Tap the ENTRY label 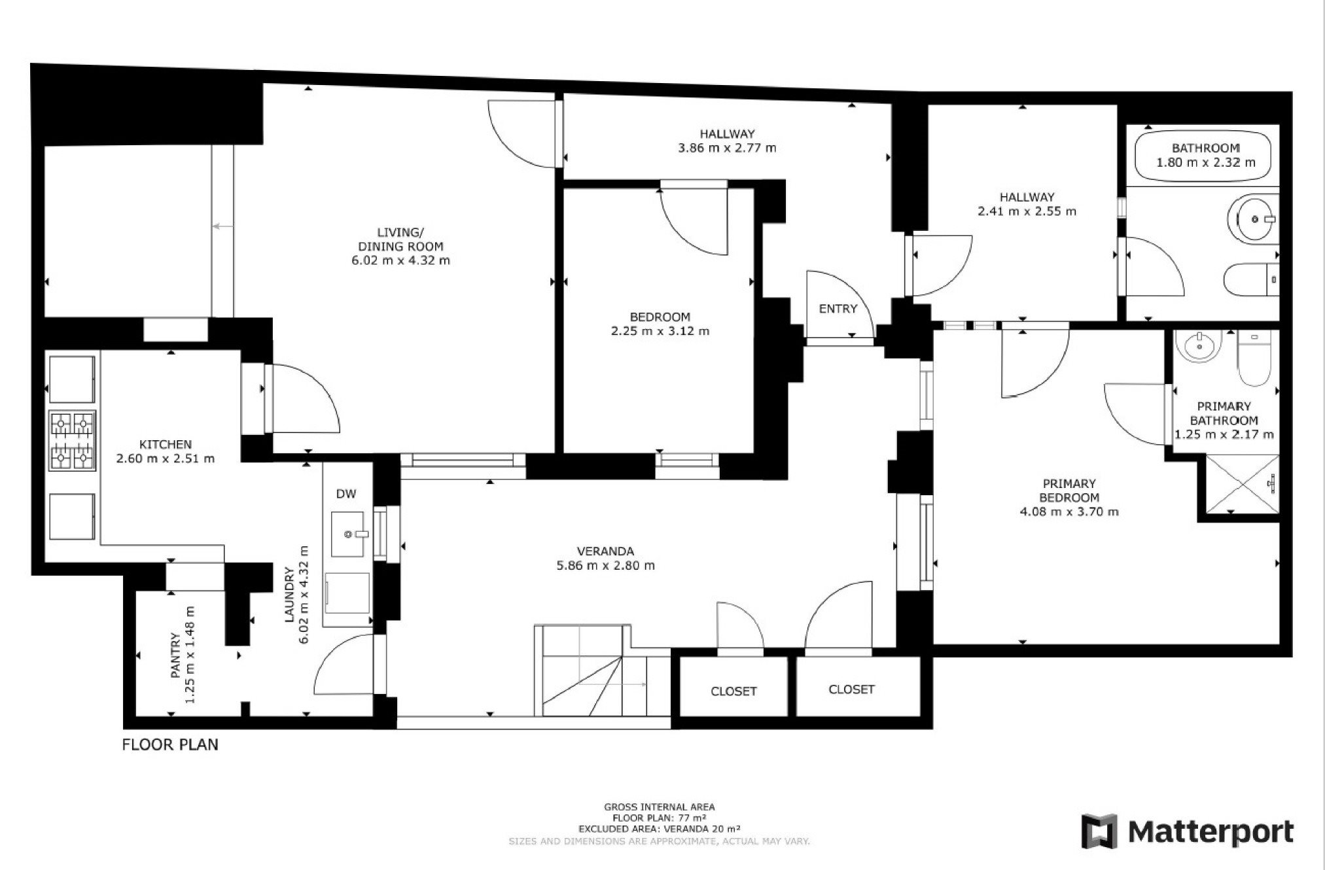[838, 309]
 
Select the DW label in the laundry [346, 494]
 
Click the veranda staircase [592, 670]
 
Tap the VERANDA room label [605, 551]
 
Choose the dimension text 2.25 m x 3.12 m [660, 331]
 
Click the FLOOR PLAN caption [170, 744]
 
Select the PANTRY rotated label [175, 655]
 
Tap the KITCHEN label [166, 445]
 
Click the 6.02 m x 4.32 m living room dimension [400, 260]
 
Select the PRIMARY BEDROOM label [1069, 491]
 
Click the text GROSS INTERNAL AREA [660, 807]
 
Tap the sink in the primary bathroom [1198, 346]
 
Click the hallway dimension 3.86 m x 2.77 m [727, 148]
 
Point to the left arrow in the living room [222, 226]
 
